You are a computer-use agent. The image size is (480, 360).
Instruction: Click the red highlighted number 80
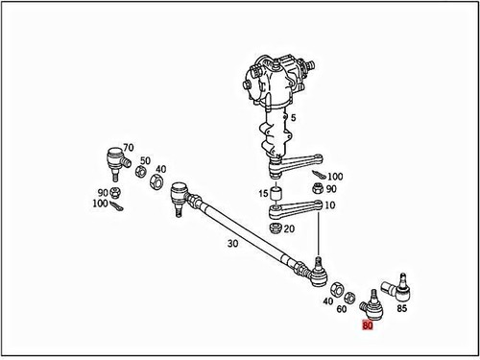(x=368, y=325)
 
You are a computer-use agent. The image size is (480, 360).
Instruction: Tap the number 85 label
(x=401, y=309)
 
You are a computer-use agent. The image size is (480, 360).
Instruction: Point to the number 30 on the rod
(x=232, y=244)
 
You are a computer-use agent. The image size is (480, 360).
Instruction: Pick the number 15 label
(x=261, y=195)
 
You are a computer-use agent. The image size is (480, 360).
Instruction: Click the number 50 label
(x=145, y=160)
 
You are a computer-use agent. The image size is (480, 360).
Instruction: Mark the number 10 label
(x=330, y=205)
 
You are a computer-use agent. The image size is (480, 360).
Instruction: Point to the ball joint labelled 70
(x=115, y=157)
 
